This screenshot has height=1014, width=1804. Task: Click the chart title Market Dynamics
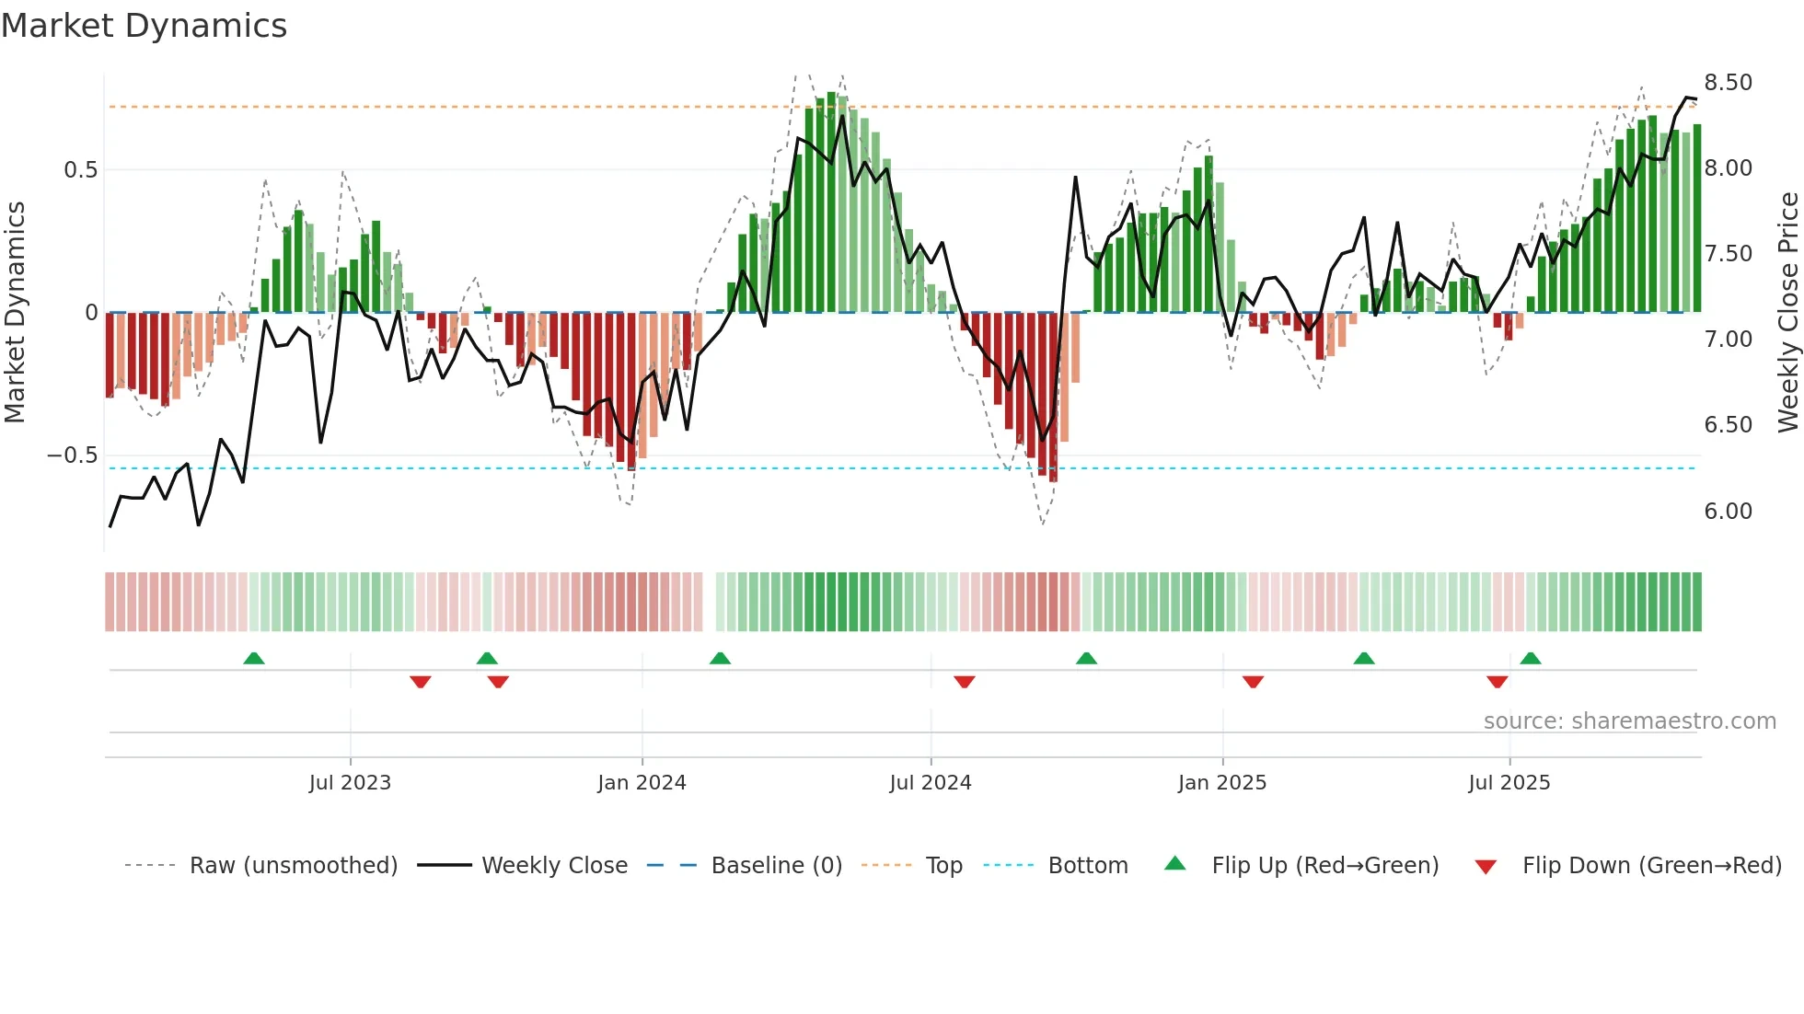click(144, 26)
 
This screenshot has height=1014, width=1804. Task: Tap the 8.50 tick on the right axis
click(1728, 83)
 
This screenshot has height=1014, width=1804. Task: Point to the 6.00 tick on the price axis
click(1728, 512)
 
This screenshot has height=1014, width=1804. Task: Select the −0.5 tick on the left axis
click(72, 456)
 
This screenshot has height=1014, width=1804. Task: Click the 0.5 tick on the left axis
click(80, 170)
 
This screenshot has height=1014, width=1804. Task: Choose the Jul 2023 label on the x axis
click(350, 783)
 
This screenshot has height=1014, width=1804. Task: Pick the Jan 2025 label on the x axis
click(1221, 783)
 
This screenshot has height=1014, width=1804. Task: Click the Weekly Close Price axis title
click(1787, 313)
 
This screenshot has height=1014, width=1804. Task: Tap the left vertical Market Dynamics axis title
click(15, 313)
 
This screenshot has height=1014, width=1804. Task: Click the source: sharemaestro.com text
click(1629, 721)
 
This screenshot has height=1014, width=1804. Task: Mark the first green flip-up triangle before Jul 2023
click(254, 658)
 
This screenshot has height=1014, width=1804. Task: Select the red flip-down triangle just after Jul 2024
click(964, 682)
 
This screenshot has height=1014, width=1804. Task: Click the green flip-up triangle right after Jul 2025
click(1531, 658)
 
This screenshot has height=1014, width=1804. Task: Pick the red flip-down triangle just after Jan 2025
click(1253, 682)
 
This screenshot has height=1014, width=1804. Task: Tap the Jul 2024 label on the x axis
click(930, 783)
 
